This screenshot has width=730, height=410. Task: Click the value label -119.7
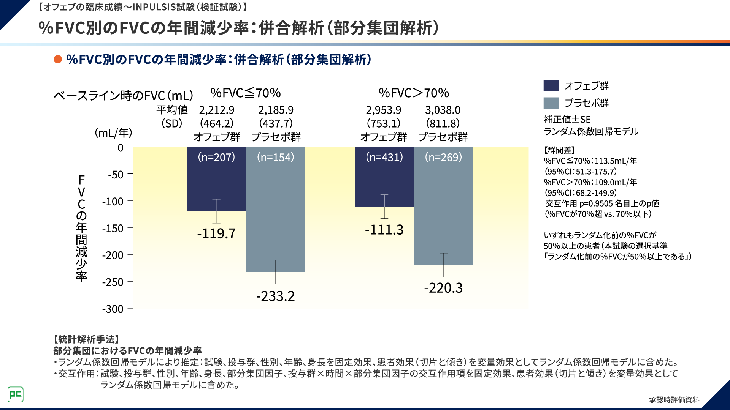216,233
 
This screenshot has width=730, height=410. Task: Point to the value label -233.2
276,296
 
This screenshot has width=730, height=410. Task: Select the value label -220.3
443,288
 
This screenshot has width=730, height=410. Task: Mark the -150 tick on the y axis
113,229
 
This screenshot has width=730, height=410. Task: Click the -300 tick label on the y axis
113,309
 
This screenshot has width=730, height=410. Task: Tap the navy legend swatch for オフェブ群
551,86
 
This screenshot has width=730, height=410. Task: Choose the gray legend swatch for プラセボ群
551,103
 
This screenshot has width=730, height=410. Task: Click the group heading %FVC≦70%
246,93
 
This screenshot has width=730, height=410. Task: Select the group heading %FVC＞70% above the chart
414,93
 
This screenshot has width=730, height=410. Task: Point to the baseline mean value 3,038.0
443,110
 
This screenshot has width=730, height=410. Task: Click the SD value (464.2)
217,123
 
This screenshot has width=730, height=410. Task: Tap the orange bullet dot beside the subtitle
58,60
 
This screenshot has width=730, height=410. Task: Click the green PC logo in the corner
16,394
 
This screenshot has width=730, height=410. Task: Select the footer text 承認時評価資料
674,400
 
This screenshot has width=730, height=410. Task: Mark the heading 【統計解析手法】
87,339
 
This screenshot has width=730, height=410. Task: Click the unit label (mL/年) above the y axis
113,133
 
